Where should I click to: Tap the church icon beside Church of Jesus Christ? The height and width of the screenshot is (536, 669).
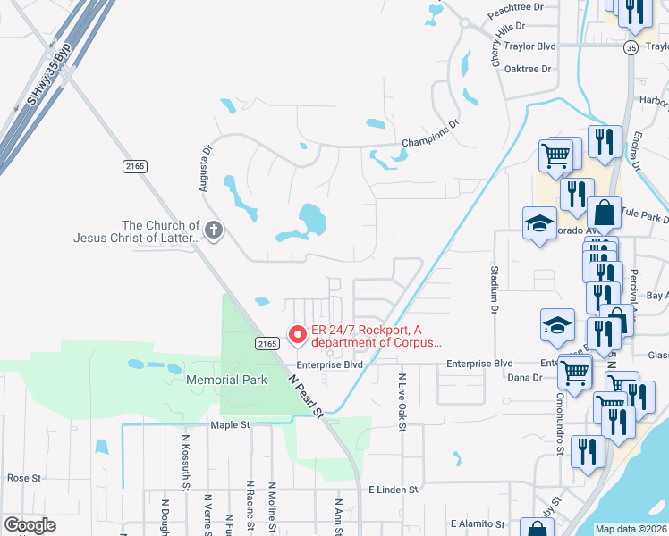click(213, 231)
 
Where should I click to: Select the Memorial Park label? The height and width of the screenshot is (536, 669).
click(226, 380)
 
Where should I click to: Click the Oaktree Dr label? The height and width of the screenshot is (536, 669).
click(530, 67)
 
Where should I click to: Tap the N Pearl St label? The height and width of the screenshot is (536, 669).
click(305, 392)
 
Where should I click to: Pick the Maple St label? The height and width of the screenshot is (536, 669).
click(230, 425)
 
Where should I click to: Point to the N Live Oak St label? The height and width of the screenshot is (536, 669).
click(402, 403)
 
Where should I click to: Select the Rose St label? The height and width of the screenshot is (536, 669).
click(24, 478)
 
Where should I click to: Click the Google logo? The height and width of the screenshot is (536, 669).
click(29, 525)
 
